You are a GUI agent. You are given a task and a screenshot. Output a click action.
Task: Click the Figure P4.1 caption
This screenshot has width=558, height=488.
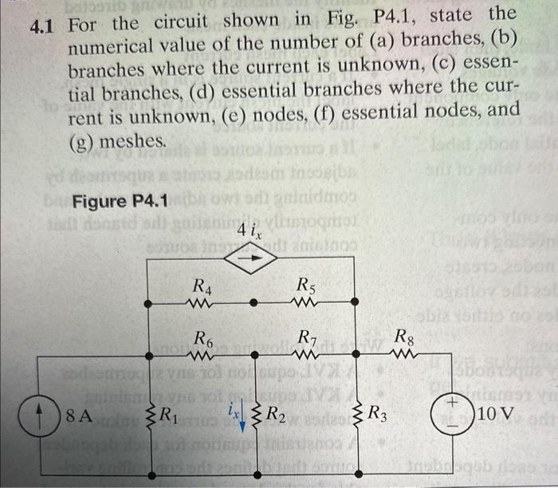(120, 201)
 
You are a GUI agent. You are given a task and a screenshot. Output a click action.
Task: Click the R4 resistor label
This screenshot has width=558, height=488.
(203, 284)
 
